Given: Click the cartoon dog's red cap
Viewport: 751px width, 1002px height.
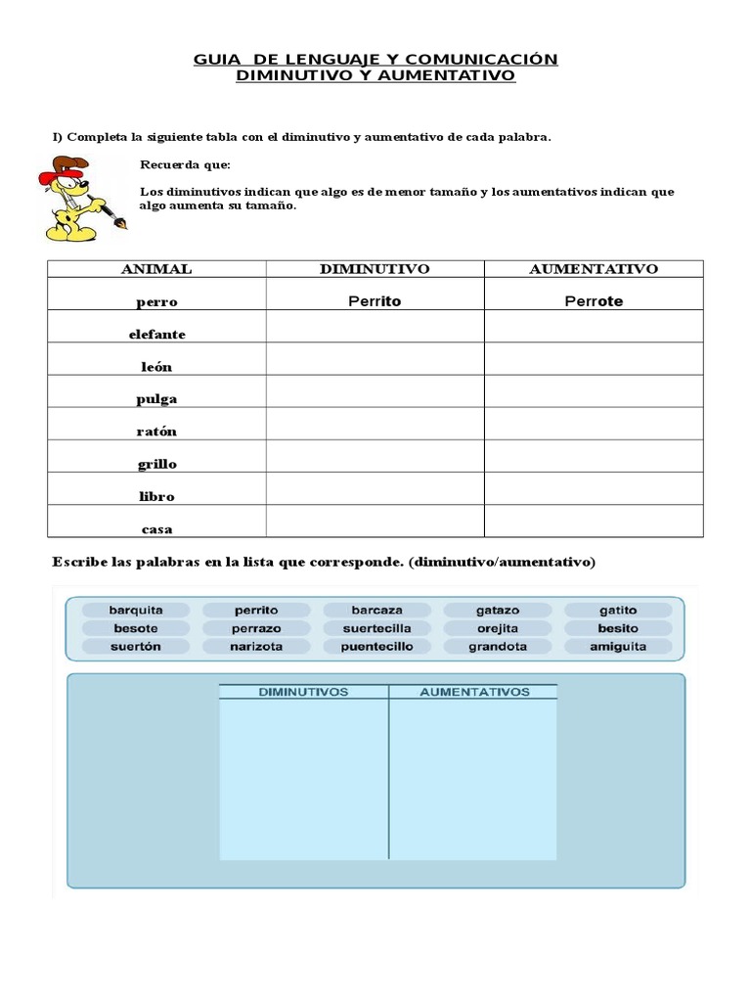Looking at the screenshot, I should click(60, 169).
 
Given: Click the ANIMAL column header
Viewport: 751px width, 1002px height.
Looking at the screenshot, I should click(156, 269).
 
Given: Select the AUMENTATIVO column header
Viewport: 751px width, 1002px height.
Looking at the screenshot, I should click(594, 269).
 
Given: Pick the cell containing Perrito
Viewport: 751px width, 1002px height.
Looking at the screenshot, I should click(375, 301).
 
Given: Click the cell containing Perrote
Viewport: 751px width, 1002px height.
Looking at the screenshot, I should click(594, 301).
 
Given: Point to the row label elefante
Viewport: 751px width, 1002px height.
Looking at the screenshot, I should click(156, 334).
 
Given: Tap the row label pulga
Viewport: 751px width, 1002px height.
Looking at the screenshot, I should click(156, 399).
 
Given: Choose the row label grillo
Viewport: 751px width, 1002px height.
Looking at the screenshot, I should click(156, 464).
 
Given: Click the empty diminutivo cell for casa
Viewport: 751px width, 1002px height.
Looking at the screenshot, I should click(375, 522).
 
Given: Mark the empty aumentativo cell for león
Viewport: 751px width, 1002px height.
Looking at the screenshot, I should click(594, 359).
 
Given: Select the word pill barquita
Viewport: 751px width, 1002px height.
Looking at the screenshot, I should click(136, 610).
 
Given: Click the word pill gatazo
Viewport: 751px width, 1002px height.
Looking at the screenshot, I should click(498, 610).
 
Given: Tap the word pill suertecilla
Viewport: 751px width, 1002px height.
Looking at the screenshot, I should click(376, 628).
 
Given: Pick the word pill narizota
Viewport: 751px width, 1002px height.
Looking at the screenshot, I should click(256, 647).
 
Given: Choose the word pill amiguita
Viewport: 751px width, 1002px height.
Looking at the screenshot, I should click(618, 647).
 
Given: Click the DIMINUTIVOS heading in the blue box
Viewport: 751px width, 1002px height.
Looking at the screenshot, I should click(303, 692).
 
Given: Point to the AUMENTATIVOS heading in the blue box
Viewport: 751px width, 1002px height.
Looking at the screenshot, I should click(474, 692).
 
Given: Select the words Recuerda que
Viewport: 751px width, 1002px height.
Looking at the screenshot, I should click(185, 165).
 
